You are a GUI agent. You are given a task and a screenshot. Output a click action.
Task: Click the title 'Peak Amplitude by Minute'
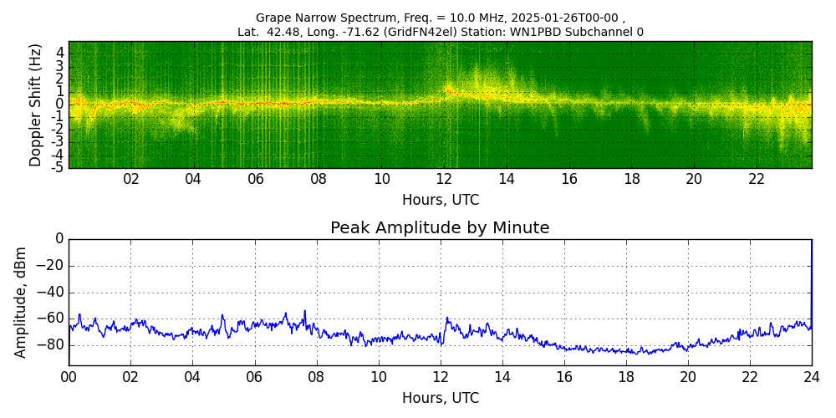(440, 228)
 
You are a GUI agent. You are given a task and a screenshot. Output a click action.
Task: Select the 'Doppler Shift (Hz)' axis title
(36, 105)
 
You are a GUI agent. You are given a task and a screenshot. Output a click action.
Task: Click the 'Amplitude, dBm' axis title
(22, 302)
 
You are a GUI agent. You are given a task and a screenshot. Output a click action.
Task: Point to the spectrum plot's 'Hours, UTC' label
(441, 201)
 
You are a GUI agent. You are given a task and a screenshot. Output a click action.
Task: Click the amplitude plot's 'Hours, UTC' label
(441, 398)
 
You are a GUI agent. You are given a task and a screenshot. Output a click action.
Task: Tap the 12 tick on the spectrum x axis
(444, 180)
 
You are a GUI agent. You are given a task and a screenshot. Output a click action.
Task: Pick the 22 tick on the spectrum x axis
(757, 180)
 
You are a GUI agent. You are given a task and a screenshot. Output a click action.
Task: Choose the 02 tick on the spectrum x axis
(131, 180)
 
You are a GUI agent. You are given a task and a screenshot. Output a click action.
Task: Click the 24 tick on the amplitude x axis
(812, 377)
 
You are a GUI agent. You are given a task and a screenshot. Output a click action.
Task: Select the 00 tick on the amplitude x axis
(69, 377)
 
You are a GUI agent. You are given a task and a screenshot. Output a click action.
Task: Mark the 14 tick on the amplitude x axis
(502, 377)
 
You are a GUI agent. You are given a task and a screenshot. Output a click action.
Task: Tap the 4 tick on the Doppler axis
(60, 53)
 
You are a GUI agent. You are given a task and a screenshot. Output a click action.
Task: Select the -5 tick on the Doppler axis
(58, 167)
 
